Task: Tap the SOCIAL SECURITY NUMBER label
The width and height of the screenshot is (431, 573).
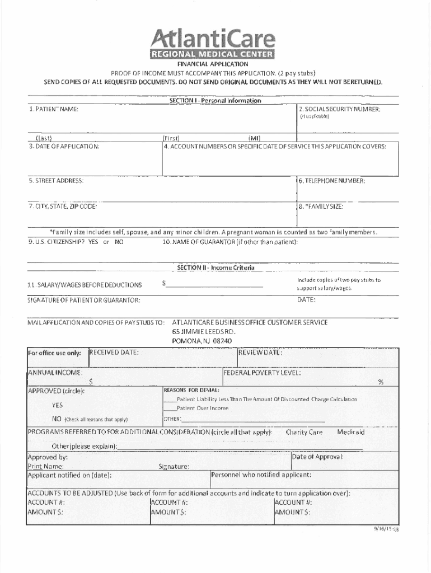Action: point(340,109)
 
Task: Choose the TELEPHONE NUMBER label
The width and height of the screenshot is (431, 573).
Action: point(332,181)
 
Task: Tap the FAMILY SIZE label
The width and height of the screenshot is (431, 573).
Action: point(322,206)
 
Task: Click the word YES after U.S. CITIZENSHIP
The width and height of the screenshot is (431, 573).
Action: point(93,242)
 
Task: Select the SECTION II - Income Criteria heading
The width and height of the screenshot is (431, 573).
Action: point(215,268)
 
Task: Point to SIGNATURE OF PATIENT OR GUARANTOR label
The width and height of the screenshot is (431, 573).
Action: point(84,301)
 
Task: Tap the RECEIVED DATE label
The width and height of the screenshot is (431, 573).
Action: point(115,353)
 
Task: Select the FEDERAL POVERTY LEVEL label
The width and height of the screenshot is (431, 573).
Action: point(262,373)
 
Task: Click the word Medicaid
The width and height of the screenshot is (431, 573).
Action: point(350,433)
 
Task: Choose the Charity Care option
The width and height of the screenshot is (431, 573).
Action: point(304,433)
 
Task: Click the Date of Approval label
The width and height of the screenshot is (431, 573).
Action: point(318,457)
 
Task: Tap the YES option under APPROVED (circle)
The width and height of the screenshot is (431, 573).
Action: point(57,405)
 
